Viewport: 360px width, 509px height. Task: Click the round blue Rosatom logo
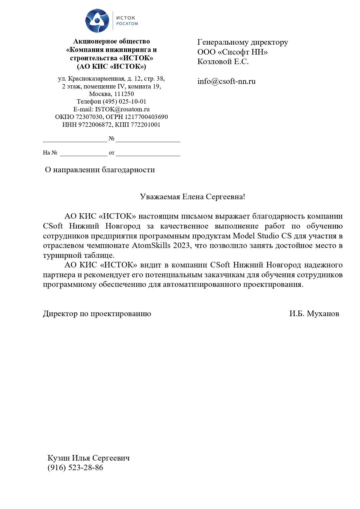97,21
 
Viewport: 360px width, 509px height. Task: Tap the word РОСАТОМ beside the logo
127,24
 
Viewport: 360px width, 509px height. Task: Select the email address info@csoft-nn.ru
226,81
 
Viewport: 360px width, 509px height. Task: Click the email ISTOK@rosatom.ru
122,109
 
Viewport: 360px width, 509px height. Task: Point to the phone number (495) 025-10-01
124,102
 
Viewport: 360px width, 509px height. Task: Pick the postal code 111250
124,94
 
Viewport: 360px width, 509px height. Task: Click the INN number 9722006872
95,125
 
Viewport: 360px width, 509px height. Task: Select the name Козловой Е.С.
223,62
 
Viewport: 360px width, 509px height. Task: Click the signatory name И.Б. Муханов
314,313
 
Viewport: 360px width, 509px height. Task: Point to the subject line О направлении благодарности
100,170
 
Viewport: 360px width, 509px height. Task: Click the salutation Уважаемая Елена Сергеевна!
192,197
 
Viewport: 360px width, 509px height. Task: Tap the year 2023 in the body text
182,246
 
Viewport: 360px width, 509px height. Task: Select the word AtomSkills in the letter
151,246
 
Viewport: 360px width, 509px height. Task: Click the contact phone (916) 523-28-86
75,467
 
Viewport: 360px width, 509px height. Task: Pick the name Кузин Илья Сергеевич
88,458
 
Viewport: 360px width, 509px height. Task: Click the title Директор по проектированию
97,313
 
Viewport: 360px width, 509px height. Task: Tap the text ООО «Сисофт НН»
232,52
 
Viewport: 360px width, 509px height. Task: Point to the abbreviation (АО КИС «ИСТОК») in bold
111,66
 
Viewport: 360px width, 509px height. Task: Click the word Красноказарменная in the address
100,79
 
